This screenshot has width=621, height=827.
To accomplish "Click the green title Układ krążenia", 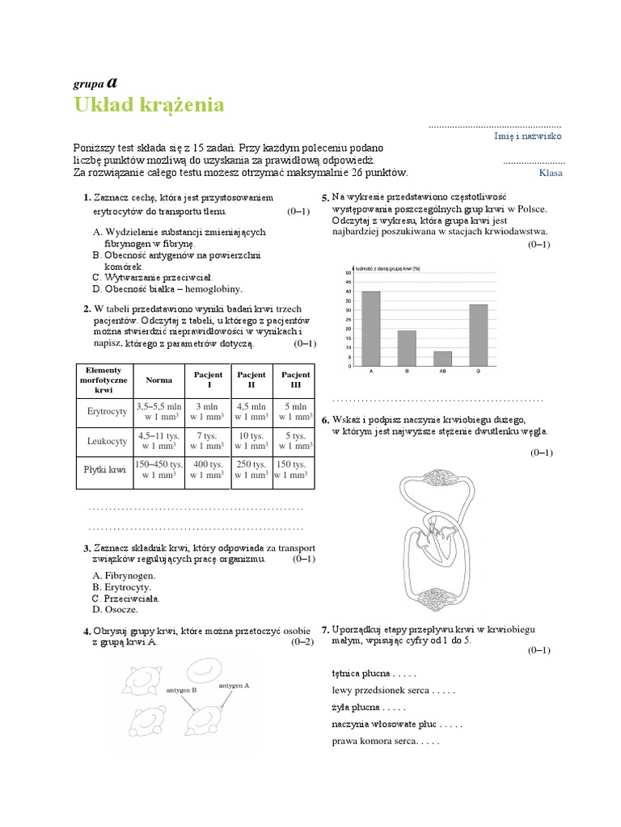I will click(149, 105).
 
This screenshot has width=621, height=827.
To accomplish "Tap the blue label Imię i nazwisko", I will click(527, 136).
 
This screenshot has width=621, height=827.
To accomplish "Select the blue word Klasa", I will click(550, 172).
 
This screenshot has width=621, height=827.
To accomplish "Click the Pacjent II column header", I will click(251, 380).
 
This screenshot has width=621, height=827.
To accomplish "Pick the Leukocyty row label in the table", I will click(108, 441).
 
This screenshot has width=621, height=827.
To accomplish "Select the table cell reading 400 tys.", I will click(206, 471).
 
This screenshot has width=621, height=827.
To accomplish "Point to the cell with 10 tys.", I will click(251, 441).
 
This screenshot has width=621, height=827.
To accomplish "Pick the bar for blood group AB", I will click(442, 359).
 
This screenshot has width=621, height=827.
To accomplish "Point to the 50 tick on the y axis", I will click(348, 272).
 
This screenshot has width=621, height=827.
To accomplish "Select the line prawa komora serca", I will click(373, 741).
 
